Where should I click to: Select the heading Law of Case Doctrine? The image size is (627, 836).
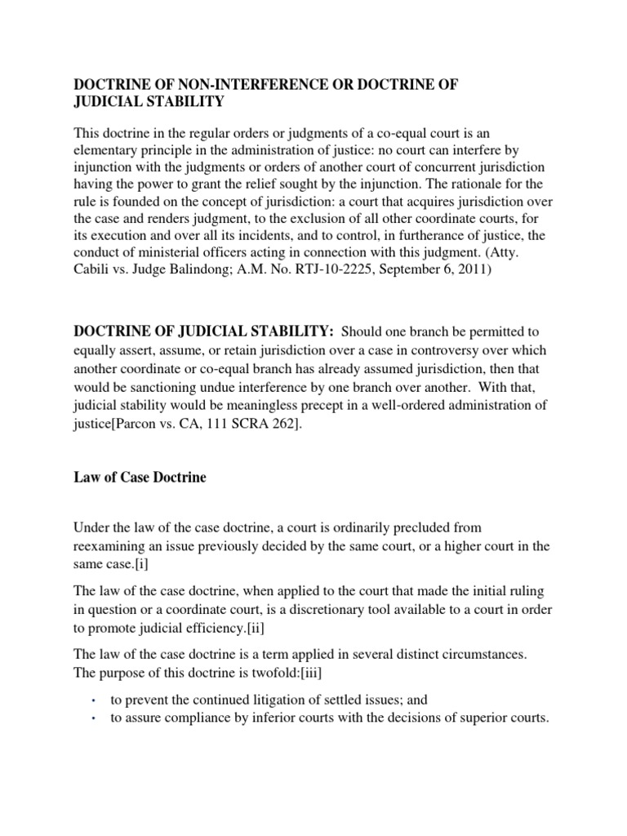click(x=140, y=478)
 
